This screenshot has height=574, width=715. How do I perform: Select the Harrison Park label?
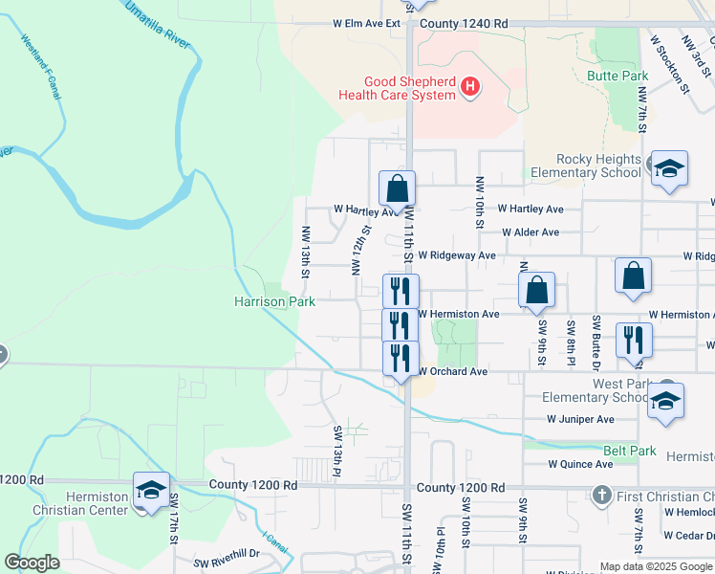click(x=274, y=301)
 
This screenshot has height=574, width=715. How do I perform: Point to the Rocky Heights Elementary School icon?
click(x=669, y=168)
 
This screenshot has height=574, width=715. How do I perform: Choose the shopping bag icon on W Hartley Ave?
click(x=397, y=187)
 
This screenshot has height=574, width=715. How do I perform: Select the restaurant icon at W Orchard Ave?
click(x=401, y=358)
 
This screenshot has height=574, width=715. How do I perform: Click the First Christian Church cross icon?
click(x=602, y=496)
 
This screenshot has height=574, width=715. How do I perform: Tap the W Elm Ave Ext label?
click(x=366, y=23)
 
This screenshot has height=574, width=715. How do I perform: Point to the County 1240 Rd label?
click(x=463, y=23)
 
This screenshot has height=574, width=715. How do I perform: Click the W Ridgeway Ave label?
click(x=461, y=255)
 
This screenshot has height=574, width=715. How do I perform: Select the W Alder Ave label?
click(x=531, y=232)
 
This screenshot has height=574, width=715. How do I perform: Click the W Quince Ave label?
click(x=580, y=464)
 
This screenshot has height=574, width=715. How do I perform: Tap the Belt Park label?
click(x=629, y=451)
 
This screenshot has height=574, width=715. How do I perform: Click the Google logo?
click(x=32, y=563)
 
